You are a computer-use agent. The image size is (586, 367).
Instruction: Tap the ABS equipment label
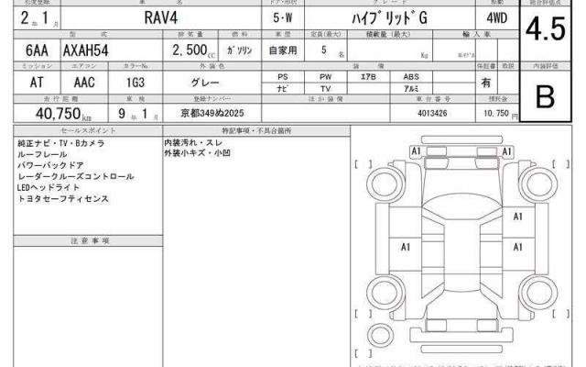click(x=411, y=77)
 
